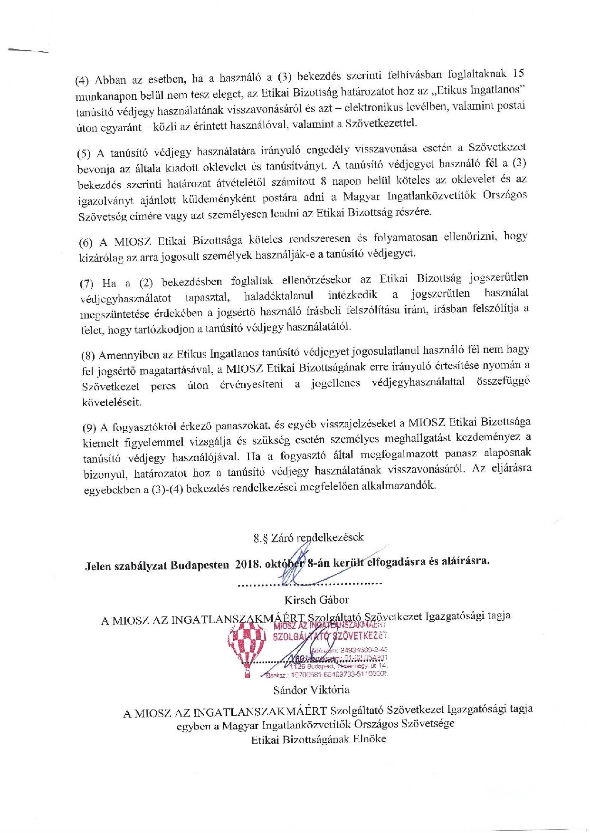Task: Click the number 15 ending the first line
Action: pos(519,74)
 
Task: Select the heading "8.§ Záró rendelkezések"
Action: pos(309,538)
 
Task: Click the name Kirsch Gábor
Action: pos(310,599)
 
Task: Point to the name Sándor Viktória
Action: pos(311,689)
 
